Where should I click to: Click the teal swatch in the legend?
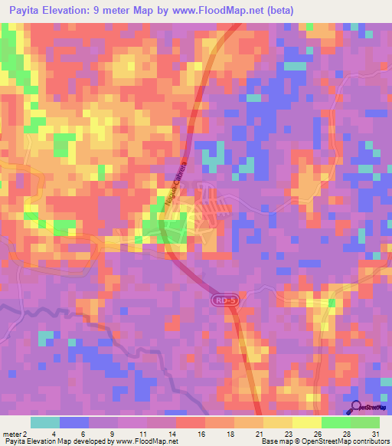[x=45, y=422]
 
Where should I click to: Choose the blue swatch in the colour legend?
[x=74, y=422]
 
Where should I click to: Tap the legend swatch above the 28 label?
[x=335, y=422]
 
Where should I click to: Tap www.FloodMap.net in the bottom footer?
[x=145, y=441]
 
